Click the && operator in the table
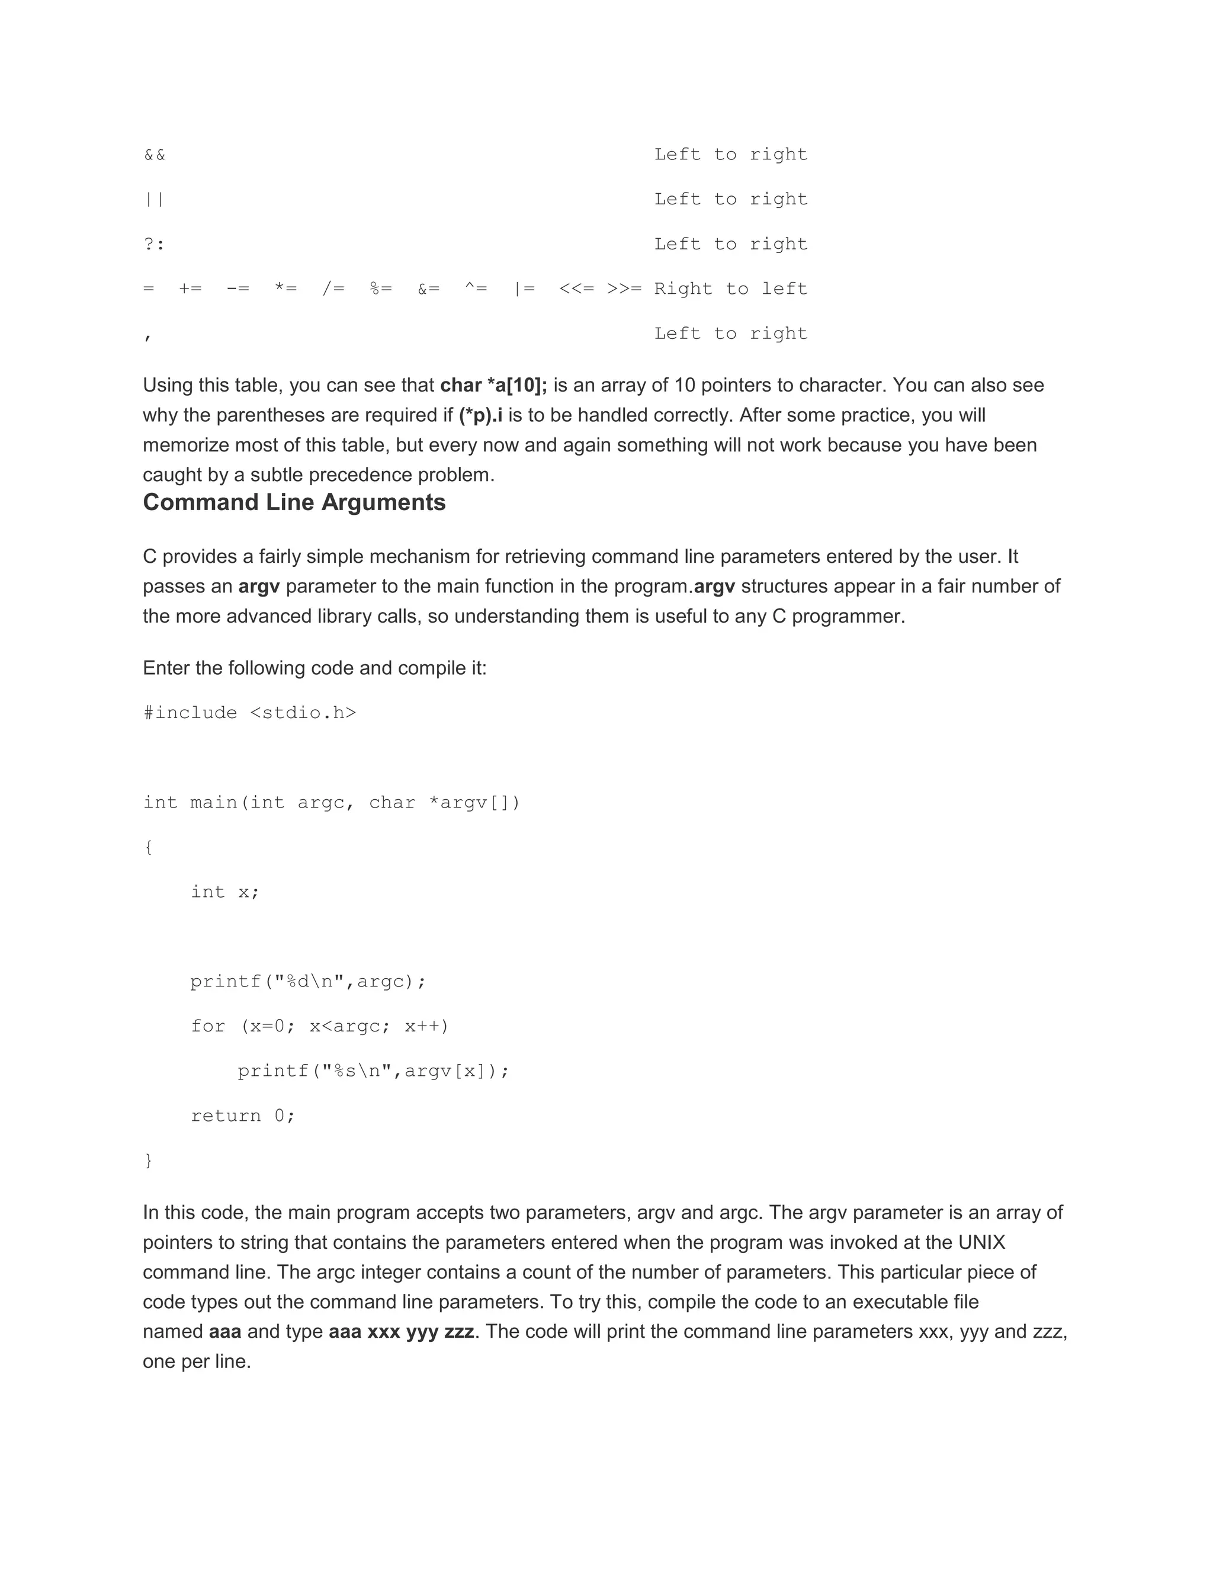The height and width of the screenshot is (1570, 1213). pos(155,155)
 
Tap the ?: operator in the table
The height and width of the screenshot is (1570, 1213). pos(155,245)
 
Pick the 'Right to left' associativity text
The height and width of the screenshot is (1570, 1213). pos(731,289)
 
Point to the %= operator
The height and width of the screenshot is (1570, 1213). pos(381,289)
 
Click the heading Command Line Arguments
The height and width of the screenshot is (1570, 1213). pos(294,502)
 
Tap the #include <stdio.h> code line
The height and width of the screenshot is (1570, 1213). pos(250,713)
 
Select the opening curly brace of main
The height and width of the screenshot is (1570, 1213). pos(149,848)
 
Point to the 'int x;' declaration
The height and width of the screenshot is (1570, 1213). pos(225,892)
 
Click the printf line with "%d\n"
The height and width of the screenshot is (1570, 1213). pos(308,982)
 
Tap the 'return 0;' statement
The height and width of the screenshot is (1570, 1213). pos(243,1116)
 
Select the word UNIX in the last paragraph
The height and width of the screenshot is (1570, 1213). pos(981,1243)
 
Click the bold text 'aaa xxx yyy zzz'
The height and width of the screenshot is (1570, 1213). pos(401,1332)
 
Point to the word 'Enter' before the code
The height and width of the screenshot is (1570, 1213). pos(165,668)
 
